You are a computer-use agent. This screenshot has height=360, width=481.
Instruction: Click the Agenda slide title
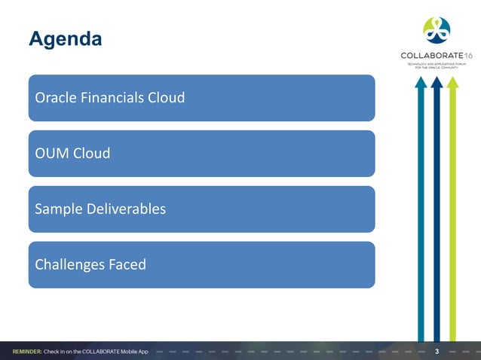[x=65, y=38]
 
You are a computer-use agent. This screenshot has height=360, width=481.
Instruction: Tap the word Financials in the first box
[x=112, y=98]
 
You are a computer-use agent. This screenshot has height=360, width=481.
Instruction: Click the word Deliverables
[x=125, y=209]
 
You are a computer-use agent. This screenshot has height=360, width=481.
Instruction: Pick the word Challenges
[x=69, y=265]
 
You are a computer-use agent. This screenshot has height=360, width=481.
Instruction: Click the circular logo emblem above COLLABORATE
[x=437, y=30]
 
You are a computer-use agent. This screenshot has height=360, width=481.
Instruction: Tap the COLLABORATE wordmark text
[x=431, y=56]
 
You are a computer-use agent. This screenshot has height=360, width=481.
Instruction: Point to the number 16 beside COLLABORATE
[x=468, y=56]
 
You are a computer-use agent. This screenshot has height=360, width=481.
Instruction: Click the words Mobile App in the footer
[x=132, y=352]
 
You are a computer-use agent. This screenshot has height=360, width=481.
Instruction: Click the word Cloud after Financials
[x=167, y=98]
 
